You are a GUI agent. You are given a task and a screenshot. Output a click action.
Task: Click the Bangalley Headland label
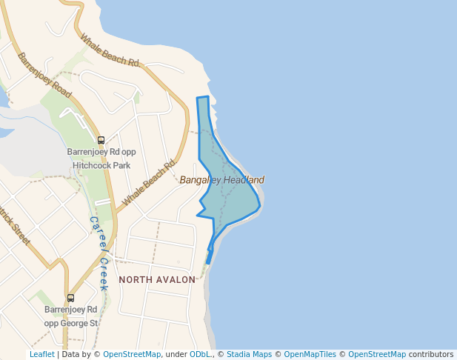pos(222,180)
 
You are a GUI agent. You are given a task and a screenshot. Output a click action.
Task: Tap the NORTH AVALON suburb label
pos(157,280)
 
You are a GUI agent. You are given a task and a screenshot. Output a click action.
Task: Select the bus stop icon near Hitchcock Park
pos(101,140)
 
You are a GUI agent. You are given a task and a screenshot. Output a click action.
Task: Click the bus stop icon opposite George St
pos(70,298)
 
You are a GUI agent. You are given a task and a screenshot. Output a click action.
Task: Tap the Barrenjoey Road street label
pos(44,75)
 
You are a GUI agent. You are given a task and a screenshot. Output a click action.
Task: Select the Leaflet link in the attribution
pos(42,354)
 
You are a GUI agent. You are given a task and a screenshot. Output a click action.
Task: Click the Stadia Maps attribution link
pos(249,354)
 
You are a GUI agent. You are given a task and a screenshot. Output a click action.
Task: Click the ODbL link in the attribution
pos(200,354)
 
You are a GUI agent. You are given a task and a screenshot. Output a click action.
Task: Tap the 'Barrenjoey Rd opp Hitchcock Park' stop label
pos(99,159)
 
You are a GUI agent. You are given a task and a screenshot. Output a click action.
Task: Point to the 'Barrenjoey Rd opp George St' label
pos(70,316)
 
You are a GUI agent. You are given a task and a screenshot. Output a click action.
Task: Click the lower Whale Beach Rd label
pos(150,183)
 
